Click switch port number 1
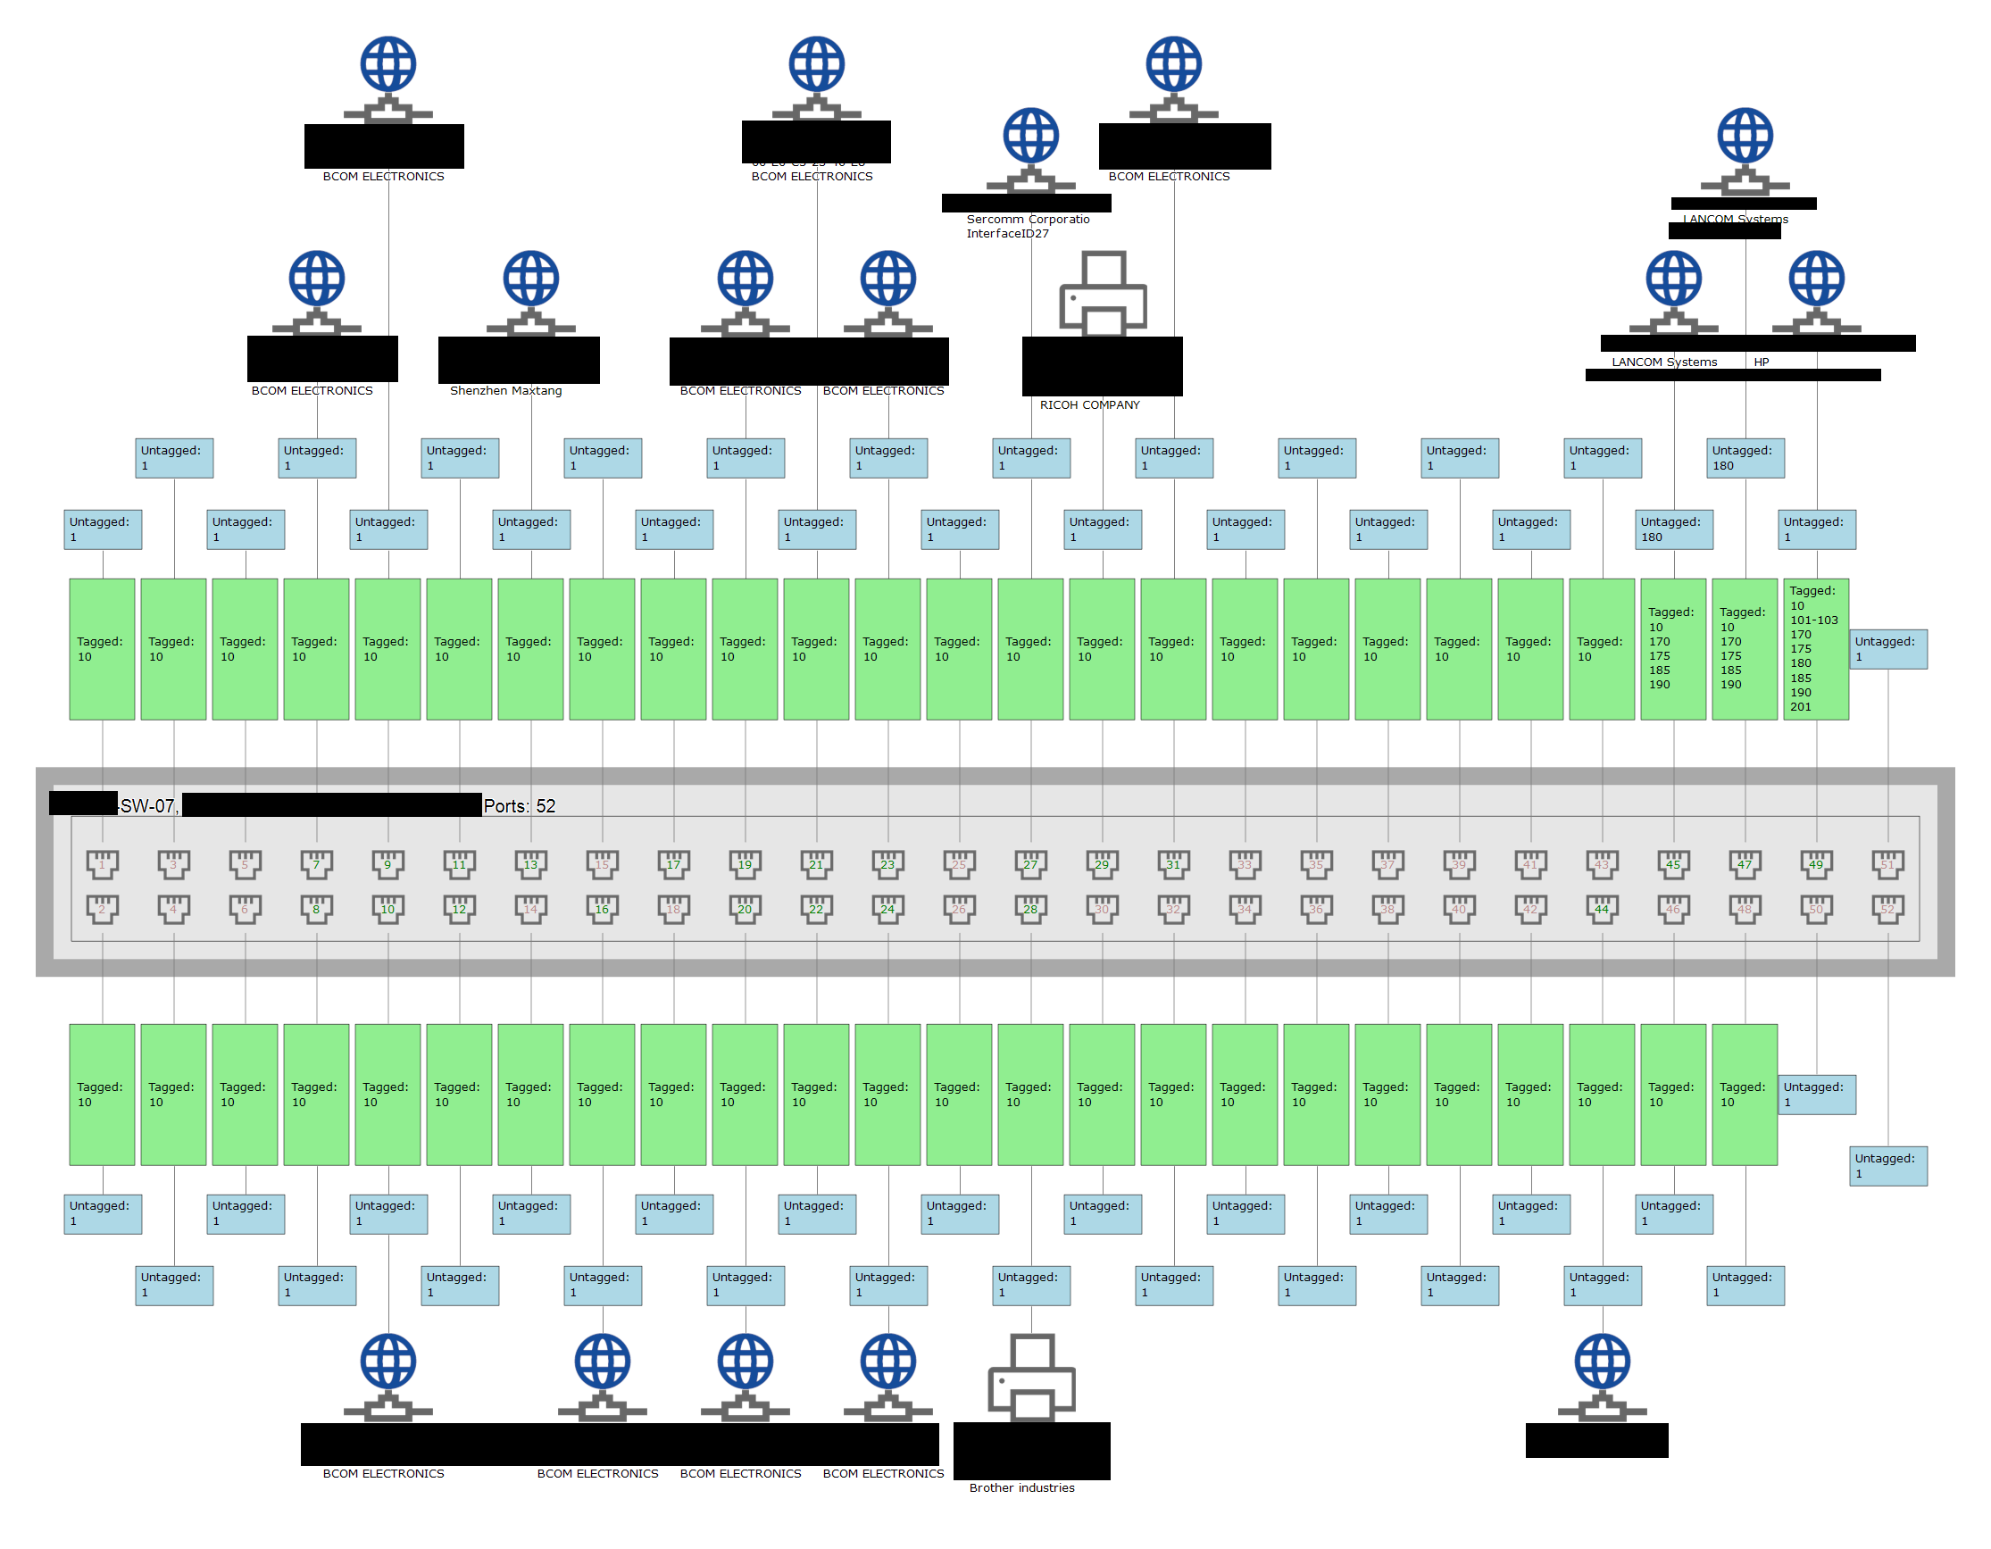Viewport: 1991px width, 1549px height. click(102, 863)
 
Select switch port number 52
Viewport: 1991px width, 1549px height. click(1887, 908)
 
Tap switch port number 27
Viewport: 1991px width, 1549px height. click(1031, 863)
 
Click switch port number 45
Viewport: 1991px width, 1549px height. click(1673, 863)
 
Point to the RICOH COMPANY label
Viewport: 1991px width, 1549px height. click(1089, 404)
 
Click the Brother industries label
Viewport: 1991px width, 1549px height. click(1021, 1487)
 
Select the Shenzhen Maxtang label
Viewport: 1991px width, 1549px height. click(506, 390)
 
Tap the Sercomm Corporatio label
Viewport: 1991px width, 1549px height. click(1028, 219)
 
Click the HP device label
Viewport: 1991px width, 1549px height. click(1762, 362)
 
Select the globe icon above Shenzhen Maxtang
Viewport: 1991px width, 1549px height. click(531, 279)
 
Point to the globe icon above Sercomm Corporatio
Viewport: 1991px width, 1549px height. click(1031, 137)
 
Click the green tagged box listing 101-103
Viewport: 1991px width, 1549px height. click(1815, 648)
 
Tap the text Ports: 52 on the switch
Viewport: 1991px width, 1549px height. click(519, 806)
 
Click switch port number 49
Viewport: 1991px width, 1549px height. click(1816, 863)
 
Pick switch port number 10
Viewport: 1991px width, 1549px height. click(387, 908)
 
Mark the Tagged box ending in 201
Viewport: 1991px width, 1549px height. click(1815, 648)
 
